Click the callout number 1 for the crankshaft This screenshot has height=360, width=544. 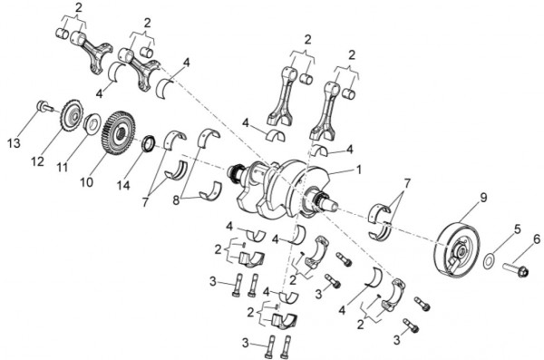(359, 170)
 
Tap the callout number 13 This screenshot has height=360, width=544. (15, 143)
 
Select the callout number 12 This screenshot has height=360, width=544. (37, 161)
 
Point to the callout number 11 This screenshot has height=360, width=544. (63, 168)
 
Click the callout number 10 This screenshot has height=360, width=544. (87, 182)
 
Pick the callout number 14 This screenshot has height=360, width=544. (123, 185)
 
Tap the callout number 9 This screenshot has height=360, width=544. (483, 198)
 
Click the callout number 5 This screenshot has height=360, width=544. (518, 229)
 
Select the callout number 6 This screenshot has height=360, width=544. (537, 238)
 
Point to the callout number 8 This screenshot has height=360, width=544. (176, 200)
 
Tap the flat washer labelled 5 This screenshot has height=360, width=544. (490, 261)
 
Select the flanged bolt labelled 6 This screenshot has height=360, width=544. (515, 269)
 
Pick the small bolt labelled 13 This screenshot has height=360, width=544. (44, 106)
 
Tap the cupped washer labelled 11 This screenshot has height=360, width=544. (92, 123)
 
